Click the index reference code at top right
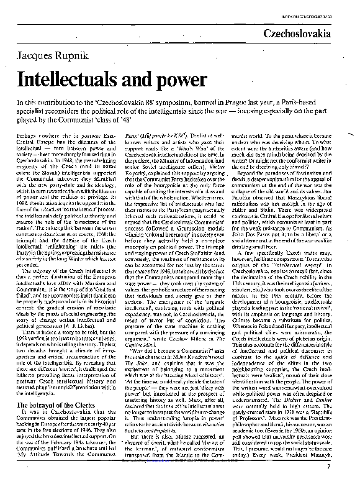(x=323, y=7)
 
